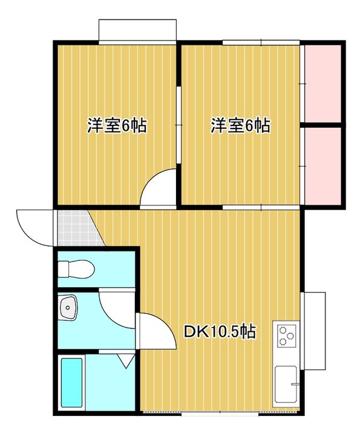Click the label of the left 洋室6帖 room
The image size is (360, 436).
click(x=117, y=126)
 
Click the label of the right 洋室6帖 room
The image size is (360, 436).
click(x=240, y=126)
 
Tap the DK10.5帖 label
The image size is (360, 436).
click(x=220, y=331)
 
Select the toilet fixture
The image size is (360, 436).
click(x=76, y=267)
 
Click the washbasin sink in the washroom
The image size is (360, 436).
click(x=68, y=308)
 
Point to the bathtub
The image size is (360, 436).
click(x=72, y=383)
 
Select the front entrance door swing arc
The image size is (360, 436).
click(x=33, y=227)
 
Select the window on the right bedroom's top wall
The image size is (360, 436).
click(x=261, y=41)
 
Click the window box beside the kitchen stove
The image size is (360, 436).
click(x=314, y=330)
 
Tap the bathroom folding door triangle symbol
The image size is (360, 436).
click(x=126, y=362)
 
